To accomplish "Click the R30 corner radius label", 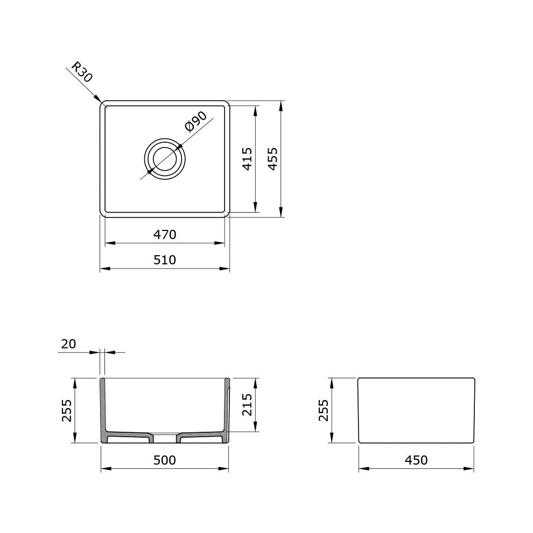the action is pyautogui.click(x=82, y=72).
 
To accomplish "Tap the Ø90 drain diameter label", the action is pyautogui.click(x=196, y=121).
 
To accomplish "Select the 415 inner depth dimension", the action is pyautogui.click(x=247, y=159).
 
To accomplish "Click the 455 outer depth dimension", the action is pyautogui.click(x=272, y=159).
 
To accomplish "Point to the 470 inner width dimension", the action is pyautogui.click(x=165, y=235).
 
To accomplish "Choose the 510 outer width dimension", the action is pyautogui.click(x=165, y=260).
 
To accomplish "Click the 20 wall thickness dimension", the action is pyautogui.click(x=68, y=344).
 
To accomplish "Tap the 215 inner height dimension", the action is pyautogui.click(x=247, y=405).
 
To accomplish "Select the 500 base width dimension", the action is pyautogui.click(x=165, y=460).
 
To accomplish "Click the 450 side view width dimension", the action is pyautogui.click(x=416, y=460).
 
